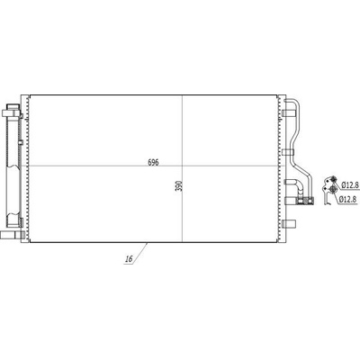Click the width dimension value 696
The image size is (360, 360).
[153, 162]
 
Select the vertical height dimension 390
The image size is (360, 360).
[179, 186]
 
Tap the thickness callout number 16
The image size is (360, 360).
[129, 259]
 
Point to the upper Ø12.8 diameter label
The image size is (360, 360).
[350, 185]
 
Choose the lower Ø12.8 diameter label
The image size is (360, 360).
[348, 198]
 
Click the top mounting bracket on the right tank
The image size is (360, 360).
[289, 113]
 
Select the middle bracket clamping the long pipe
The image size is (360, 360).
[289, 153]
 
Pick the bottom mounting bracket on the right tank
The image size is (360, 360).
[289, 223]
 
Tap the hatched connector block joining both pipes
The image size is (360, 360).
[305, 201]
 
